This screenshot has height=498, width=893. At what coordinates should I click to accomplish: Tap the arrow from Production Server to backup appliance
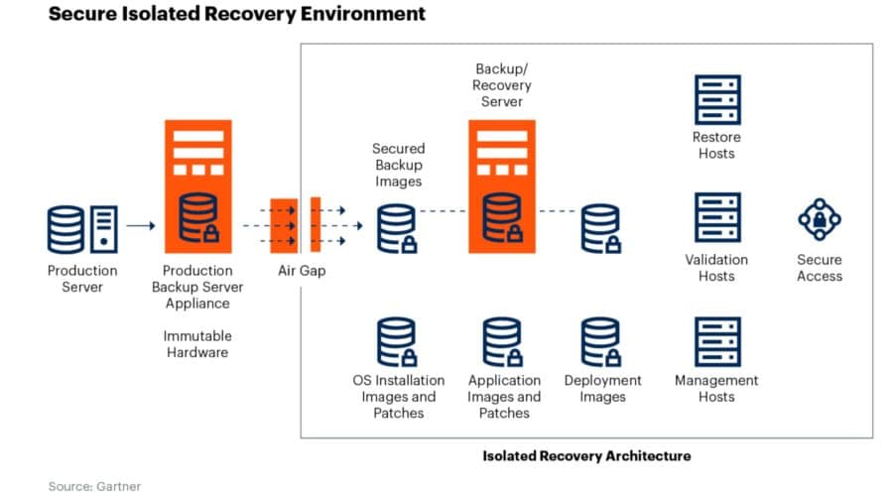click(x=140, y=225)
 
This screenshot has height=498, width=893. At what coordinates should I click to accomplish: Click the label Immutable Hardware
click(x=196, y=344)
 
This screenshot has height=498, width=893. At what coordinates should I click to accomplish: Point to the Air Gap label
click(x=301, y=271)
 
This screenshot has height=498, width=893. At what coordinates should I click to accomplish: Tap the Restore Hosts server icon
click(x=716, y=99)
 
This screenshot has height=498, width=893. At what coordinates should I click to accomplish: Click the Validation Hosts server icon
click(x=716, y=218)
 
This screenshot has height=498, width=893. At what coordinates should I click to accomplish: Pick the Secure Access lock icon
click(x=819, y=219)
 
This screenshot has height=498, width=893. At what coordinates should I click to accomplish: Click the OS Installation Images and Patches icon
click(x=397, y=341)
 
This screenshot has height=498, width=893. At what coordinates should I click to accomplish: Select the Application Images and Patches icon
click(x=503, y=341)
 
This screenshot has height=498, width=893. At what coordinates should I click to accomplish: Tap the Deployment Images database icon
click(x=601, y=341)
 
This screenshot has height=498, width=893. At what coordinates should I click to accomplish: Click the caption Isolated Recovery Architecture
click(x=586, y=455)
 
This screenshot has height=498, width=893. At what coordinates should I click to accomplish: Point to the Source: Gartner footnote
click(x=94, y=485)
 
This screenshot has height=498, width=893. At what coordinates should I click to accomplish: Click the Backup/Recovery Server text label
click(x=502, y=84)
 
